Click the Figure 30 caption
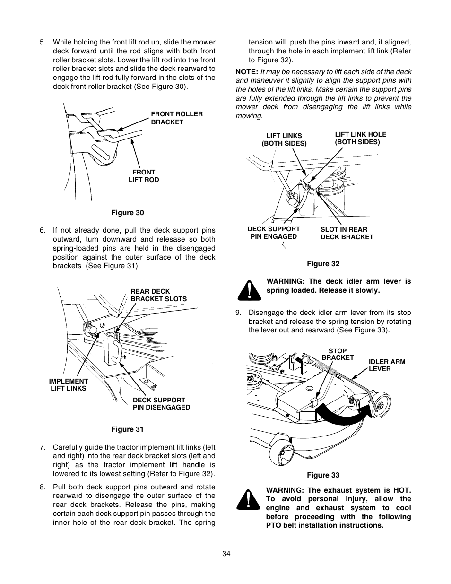[x=127, y=213]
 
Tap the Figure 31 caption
[x=127, y=429]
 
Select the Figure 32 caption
[x=323, y=264]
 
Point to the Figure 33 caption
[x=323, y=475]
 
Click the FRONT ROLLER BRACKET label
[x=176, y=118]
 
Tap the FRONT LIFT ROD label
[x=144, y=176]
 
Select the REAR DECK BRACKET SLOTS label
[x=158, y=295]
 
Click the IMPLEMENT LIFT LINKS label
[x=69, y=384]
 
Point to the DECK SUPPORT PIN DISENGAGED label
[x=161, y=403]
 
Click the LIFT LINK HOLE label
[x=360, y=138]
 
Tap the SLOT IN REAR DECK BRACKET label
[x=347, y=233]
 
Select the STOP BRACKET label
[x=338, y=354]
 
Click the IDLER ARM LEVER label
[x=387, y=365]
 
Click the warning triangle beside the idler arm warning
[x=249, y=290]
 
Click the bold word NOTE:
[x=247, y=72]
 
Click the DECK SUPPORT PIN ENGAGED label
[x=273, y=233]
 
